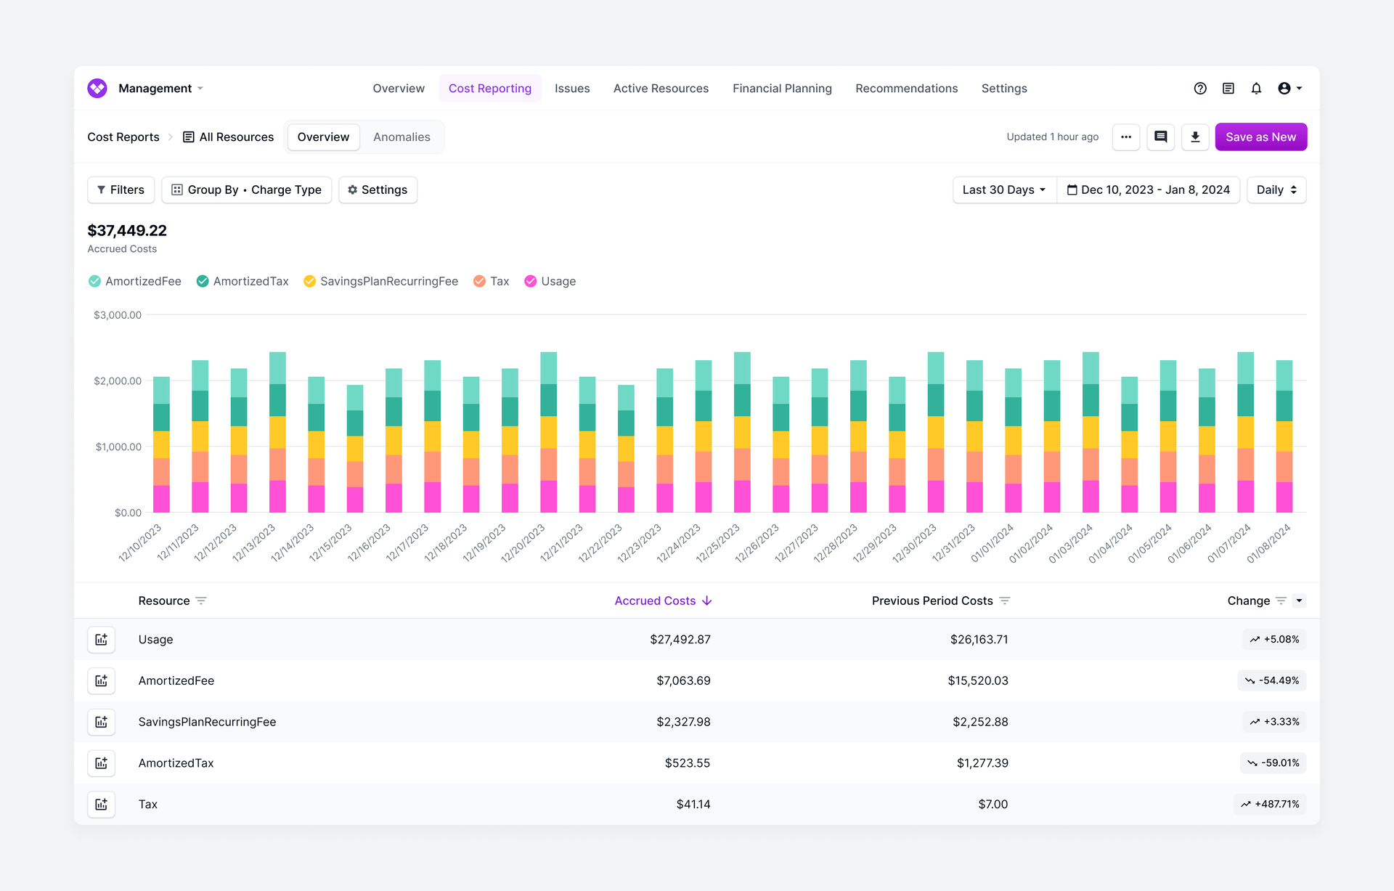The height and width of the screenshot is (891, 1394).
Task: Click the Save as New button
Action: (1260, 137)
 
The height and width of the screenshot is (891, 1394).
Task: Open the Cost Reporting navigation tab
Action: (490, 89)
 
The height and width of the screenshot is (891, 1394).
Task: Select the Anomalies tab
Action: (402, 137)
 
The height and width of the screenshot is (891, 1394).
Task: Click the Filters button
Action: (121, 190)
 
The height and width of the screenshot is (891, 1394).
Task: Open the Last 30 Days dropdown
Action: (1003, 190)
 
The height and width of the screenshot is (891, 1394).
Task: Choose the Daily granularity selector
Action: (1276, 190)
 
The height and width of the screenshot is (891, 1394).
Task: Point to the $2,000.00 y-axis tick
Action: (118, 381)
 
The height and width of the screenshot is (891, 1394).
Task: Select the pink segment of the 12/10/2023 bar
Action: (161, 499)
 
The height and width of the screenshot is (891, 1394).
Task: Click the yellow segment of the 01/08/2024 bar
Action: (1284, 436)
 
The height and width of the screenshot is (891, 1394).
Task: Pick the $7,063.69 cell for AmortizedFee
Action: (683, 681)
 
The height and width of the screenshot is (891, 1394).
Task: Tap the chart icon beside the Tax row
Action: (102, 805)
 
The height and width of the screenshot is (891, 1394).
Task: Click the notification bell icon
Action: (1256, 89)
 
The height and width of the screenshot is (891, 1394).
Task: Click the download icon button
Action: (1195, 137)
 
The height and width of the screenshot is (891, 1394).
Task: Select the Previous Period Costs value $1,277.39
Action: (982, 763)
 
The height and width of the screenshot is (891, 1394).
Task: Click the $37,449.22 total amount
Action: (127, 231)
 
